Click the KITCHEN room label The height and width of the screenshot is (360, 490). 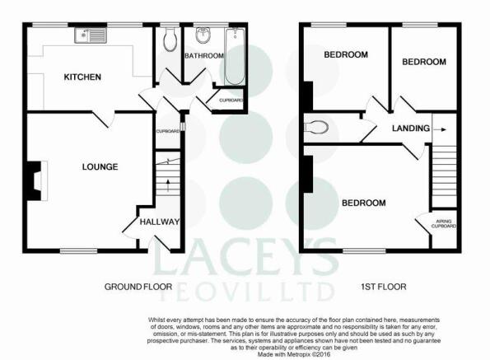pos(82,77)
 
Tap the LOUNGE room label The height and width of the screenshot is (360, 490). pos(100,167)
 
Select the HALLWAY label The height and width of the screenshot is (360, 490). pos(160,222)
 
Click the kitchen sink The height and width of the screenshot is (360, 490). pos(91,35)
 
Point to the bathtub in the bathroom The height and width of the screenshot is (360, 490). pos(235,56)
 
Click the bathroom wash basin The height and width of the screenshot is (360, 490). pos(203,35)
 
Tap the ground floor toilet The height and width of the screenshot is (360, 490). pos(170,40)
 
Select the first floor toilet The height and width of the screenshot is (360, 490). pos(316,127)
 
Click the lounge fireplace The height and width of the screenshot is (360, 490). pos(37,180)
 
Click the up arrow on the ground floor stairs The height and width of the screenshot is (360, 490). pos(168,185)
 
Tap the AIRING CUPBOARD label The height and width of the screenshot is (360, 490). pos(443,223)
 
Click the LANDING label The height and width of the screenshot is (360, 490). pos(411,129)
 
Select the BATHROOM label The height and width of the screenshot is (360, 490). pos(204,56)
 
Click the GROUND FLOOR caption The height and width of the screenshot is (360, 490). pos(138,287)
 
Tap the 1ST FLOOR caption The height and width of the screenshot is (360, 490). pos(384,287)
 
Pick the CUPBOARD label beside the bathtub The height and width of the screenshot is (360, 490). pos(231,101)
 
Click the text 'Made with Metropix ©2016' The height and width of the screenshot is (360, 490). pos(294,354)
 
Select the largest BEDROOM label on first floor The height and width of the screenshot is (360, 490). pos(364,203)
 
